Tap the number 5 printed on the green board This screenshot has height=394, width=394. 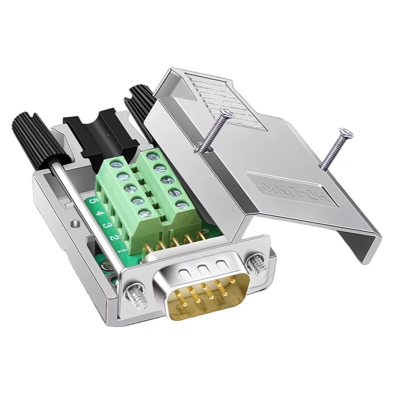pos(93,201)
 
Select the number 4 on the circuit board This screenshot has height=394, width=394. pos(100,214)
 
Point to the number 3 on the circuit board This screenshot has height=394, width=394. pos(106,226)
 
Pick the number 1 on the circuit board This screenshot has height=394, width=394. pos(122,251)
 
